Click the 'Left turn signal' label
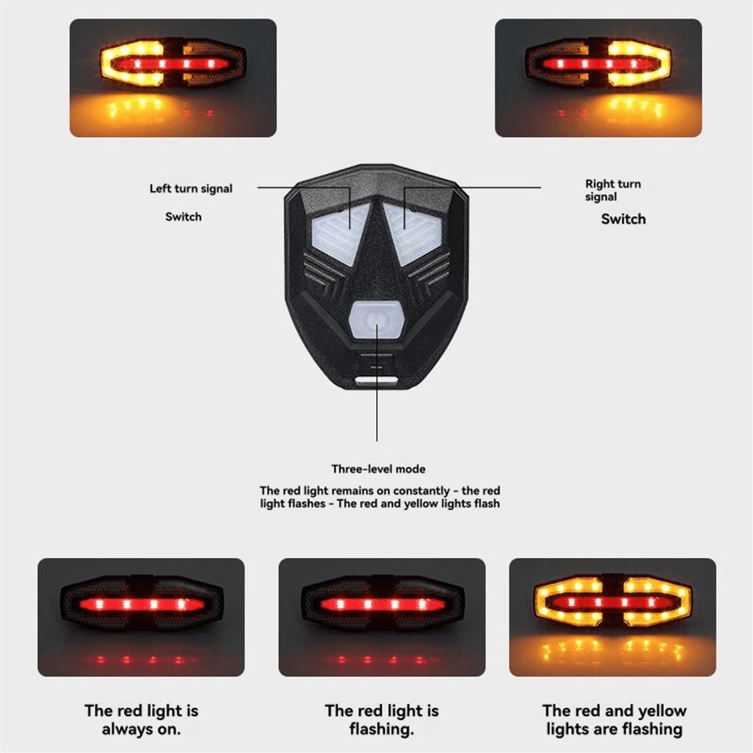(191, 189)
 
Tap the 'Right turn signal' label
(612, 190)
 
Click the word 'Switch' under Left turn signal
(183, 217)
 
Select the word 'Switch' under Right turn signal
(623, 219)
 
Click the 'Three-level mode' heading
(378, 469)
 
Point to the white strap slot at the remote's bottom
(376, 380)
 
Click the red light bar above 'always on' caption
(141, 604)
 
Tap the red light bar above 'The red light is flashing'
(382, 604)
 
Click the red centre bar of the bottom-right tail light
(612, 602)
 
